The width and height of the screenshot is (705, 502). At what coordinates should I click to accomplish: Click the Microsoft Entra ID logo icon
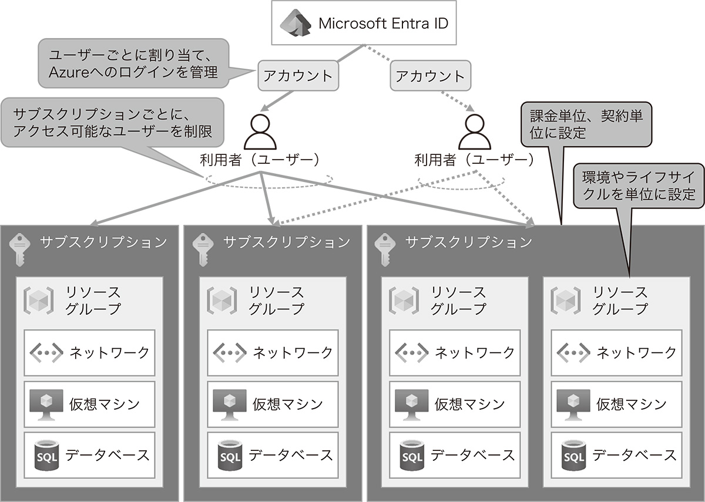pos(296,24)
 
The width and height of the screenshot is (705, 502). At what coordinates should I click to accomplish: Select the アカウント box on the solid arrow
pos(298,76)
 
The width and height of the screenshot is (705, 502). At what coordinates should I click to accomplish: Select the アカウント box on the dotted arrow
pos(430,76)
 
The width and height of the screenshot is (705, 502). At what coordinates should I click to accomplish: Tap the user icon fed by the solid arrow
pos(260,132)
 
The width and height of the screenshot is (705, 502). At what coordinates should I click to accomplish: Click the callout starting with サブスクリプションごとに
pos(113,122)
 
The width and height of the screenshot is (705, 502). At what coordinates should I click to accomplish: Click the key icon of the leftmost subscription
pos(20,247)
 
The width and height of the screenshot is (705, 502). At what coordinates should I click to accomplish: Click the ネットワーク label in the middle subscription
pos(293,352)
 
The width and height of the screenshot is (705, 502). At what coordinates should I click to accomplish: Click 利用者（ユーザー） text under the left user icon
pos(260,160)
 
